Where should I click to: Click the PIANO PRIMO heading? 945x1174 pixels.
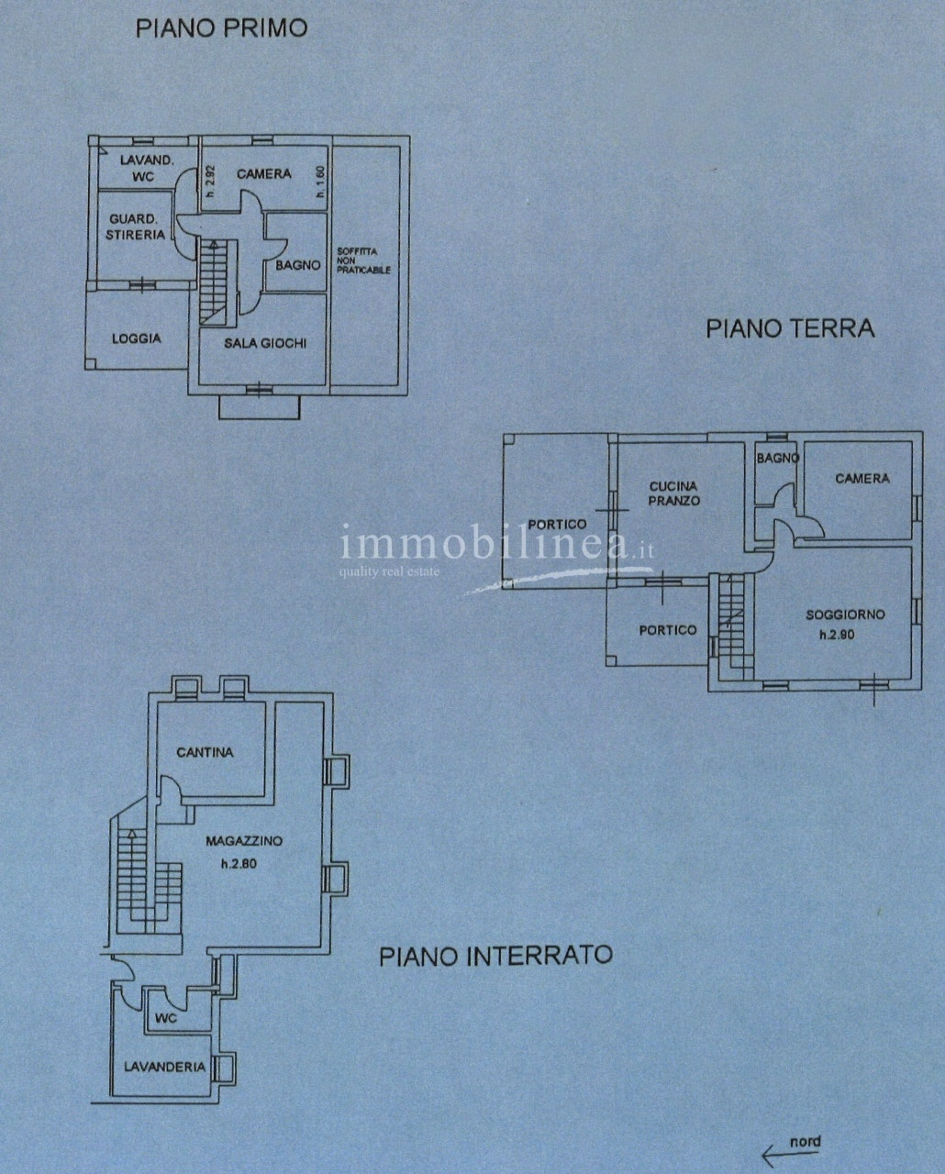221,29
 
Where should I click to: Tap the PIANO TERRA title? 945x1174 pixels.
790,329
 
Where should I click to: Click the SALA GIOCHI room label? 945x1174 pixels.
265,343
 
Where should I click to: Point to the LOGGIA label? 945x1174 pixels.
137,338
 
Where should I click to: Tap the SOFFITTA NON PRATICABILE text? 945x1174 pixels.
363,260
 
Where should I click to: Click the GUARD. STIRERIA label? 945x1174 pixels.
136,227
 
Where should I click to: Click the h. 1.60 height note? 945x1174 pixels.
321,181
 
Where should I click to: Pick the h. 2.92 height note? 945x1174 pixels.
212,181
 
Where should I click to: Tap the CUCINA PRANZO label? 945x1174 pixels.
673,493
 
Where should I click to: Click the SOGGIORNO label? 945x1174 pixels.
845,615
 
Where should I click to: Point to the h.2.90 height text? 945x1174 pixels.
837,635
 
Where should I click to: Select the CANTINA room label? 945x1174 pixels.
205,753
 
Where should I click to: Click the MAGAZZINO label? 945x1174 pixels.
244,841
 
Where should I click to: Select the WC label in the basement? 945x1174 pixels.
166,1018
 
